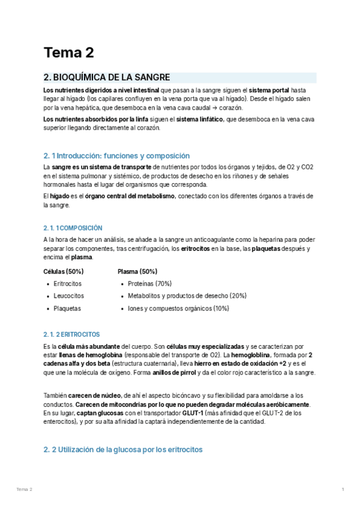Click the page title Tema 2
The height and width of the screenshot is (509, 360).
(x=69, y=53)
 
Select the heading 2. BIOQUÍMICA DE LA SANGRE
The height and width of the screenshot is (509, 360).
(x=107, y=77)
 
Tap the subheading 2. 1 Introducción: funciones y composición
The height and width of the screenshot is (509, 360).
(x=116, y=155)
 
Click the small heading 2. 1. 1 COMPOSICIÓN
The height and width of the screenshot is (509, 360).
(x=73, y=228)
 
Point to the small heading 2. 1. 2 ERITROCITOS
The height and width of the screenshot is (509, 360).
(x=71, y=334)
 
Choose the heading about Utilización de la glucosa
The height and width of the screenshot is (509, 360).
(x=123, y=450)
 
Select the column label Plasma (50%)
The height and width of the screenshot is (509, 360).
(x=137, y=271)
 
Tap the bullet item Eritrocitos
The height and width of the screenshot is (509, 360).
(x=67, y=283)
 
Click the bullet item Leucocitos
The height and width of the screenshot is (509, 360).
(x=68, y=296)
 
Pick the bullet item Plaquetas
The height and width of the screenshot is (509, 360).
(x=67, y=309)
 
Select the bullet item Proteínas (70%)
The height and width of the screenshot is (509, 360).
(x=149, y=283)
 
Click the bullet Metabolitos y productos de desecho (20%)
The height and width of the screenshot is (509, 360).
(x=187, y=296)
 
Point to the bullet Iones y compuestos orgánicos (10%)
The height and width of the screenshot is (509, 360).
(x=178, y=309)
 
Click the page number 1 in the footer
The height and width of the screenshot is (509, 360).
(x=343, y=490)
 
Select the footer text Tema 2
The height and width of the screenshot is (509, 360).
(x=25, y=490)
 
